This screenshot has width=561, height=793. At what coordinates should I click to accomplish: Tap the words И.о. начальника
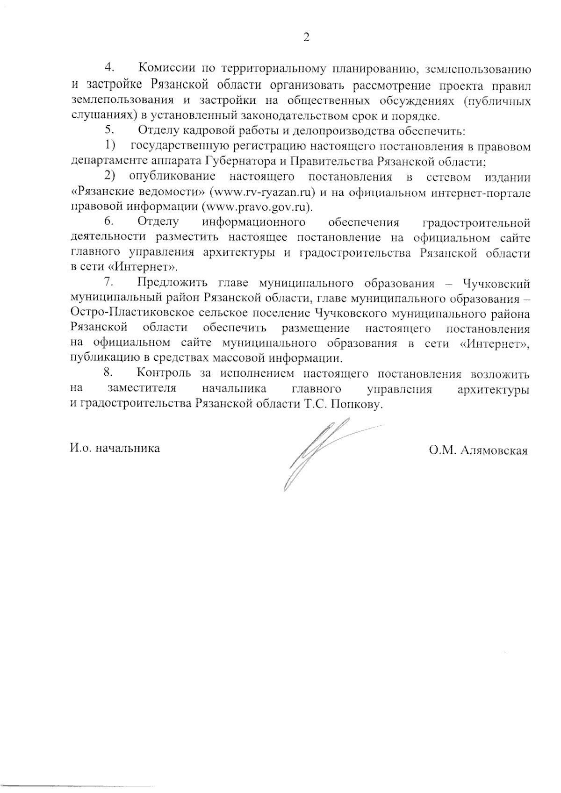(115, 449)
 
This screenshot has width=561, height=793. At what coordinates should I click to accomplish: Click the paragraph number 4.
(110, 68)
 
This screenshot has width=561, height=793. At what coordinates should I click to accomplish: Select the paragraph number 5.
(110, 131)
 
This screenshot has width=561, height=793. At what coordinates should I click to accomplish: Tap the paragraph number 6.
(110, 222)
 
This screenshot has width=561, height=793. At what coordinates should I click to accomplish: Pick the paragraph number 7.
(110, 283)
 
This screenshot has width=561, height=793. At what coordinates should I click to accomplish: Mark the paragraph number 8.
(110, 374)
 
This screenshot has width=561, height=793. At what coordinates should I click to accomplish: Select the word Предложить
(174, 283)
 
